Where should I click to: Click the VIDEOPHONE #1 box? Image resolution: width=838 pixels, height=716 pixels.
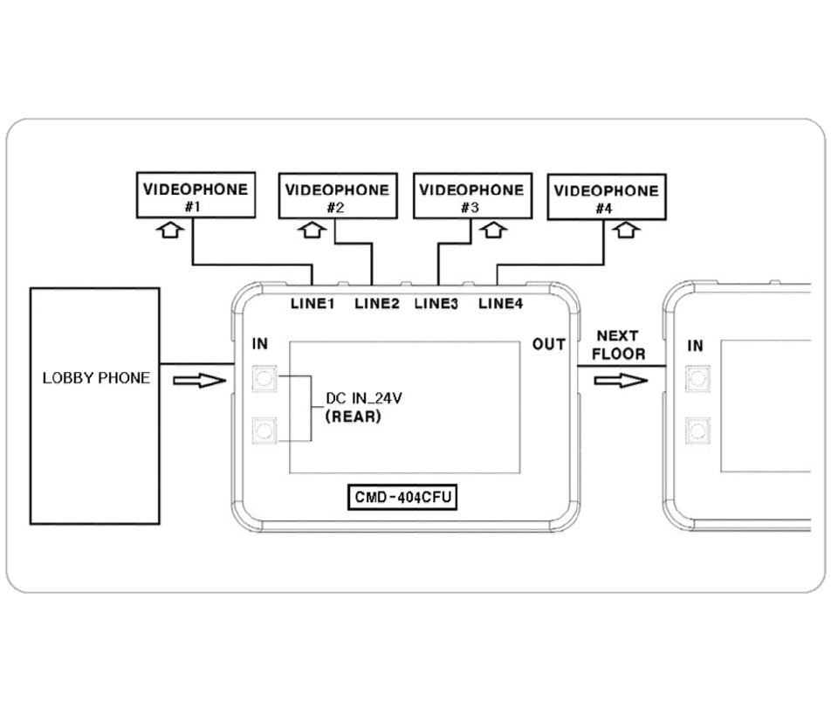(196, 195)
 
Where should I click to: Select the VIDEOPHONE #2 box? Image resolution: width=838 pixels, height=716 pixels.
(337, 196)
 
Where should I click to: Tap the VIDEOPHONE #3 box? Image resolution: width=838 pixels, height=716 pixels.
(471, 196)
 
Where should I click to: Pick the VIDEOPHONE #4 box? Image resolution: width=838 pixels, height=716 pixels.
(606, 197)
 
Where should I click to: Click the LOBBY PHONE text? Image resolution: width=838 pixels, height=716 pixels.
(96, 378)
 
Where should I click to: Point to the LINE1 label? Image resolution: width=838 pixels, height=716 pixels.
(313, 304)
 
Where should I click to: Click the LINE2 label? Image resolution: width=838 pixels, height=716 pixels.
(377, 304)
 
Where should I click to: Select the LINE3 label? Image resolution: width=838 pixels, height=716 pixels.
(436, 304)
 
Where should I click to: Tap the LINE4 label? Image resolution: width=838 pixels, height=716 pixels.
(501, 304)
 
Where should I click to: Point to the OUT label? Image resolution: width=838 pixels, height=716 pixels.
(549, 345)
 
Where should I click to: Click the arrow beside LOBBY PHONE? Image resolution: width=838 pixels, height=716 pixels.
(199, 381)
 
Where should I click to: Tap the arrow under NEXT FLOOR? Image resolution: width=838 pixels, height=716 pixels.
(621, 381)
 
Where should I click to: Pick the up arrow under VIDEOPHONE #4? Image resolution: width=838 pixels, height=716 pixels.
(627, 231)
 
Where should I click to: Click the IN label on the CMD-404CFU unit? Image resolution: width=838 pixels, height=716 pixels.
(260, 345)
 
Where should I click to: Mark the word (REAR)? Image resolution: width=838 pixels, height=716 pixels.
(353, 417)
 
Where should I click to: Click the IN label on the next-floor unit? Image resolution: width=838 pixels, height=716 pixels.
(695, 346)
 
